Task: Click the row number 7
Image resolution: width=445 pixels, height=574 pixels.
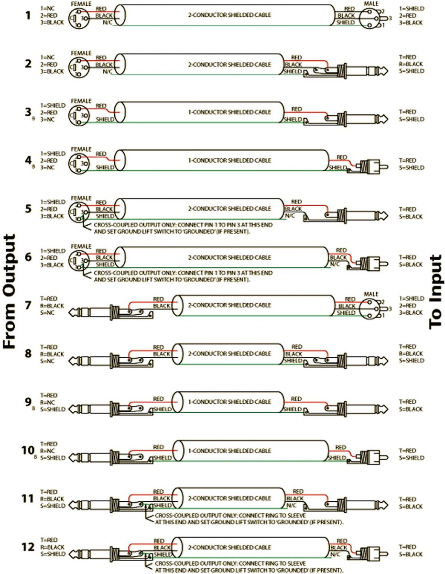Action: pyautogui.click(x=28, y=305)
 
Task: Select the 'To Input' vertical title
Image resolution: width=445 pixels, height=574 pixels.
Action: pyautogui.click(x=435, y=292)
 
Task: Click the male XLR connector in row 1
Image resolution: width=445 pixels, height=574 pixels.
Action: pyautogui.click(x=376, y=18)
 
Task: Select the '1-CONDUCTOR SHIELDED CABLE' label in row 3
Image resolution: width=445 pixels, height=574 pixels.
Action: pyautogui.click(x=229, y=112)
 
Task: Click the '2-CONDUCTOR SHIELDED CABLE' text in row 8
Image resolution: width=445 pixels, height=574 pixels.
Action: pyautogui.click(x=229, y=353)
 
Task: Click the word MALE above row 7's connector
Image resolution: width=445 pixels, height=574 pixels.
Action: pyautogui.click(x=371, y=293)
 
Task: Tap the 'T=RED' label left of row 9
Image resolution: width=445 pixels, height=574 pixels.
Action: pyautogui.click(x=49, y=395)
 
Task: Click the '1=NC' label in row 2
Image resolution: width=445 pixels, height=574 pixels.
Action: pyautogui.click(x=48, y=57)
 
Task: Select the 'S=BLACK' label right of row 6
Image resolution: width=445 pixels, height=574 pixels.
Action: pyautogui.click(x=411, y=265)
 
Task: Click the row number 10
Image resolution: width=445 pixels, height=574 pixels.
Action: pyautogui.click(x=28, y=450)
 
